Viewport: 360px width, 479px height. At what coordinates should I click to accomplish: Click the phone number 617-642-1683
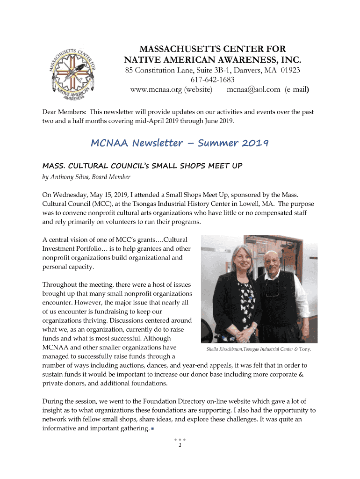coord(212,80)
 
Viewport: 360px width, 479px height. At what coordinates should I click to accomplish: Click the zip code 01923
coord(289,70)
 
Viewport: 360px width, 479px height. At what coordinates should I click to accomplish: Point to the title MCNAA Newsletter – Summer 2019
coord(180,143)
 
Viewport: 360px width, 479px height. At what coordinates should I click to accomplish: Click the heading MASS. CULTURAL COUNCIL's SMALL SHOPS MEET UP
coord(142,166)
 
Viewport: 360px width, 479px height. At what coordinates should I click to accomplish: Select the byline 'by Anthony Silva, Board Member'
coord(86,177)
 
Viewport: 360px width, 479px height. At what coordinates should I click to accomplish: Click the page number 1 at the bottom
coord(180,445)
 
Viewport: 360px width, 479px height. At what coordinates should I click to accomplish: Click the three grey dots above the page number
coord(180,440)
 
